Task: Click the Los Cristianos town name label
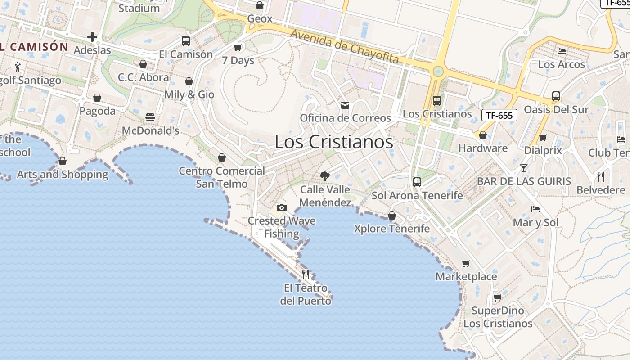334,142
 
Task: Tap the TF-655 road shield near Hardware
499,115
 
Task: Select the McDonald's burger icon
150,117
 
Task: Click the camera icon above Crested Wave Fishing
282,207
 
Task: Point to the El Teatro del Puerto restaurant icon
306,274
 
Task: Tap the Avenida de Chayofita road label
344,46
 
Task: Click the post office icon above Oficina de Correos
345,105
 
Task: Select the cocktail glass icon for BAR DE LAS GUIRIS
524,168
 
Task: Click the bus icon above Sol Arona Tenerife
417,182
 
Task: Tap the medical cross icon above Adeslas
92,37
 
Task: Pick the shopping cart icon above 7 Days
238,47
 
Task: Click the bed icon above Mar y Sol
535,209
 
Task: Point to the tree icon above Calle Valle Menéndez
324,176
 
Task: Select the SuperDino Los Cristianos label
498,317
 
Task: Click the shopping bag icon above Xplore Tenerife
392,216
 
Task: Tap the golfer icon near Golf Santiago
18,67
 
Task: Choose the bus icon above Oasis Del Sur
556,96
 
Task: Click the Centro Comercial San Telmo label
222,177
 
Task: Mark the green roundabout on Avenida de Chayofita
438,71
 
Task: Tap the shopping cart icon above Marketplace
466,263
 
